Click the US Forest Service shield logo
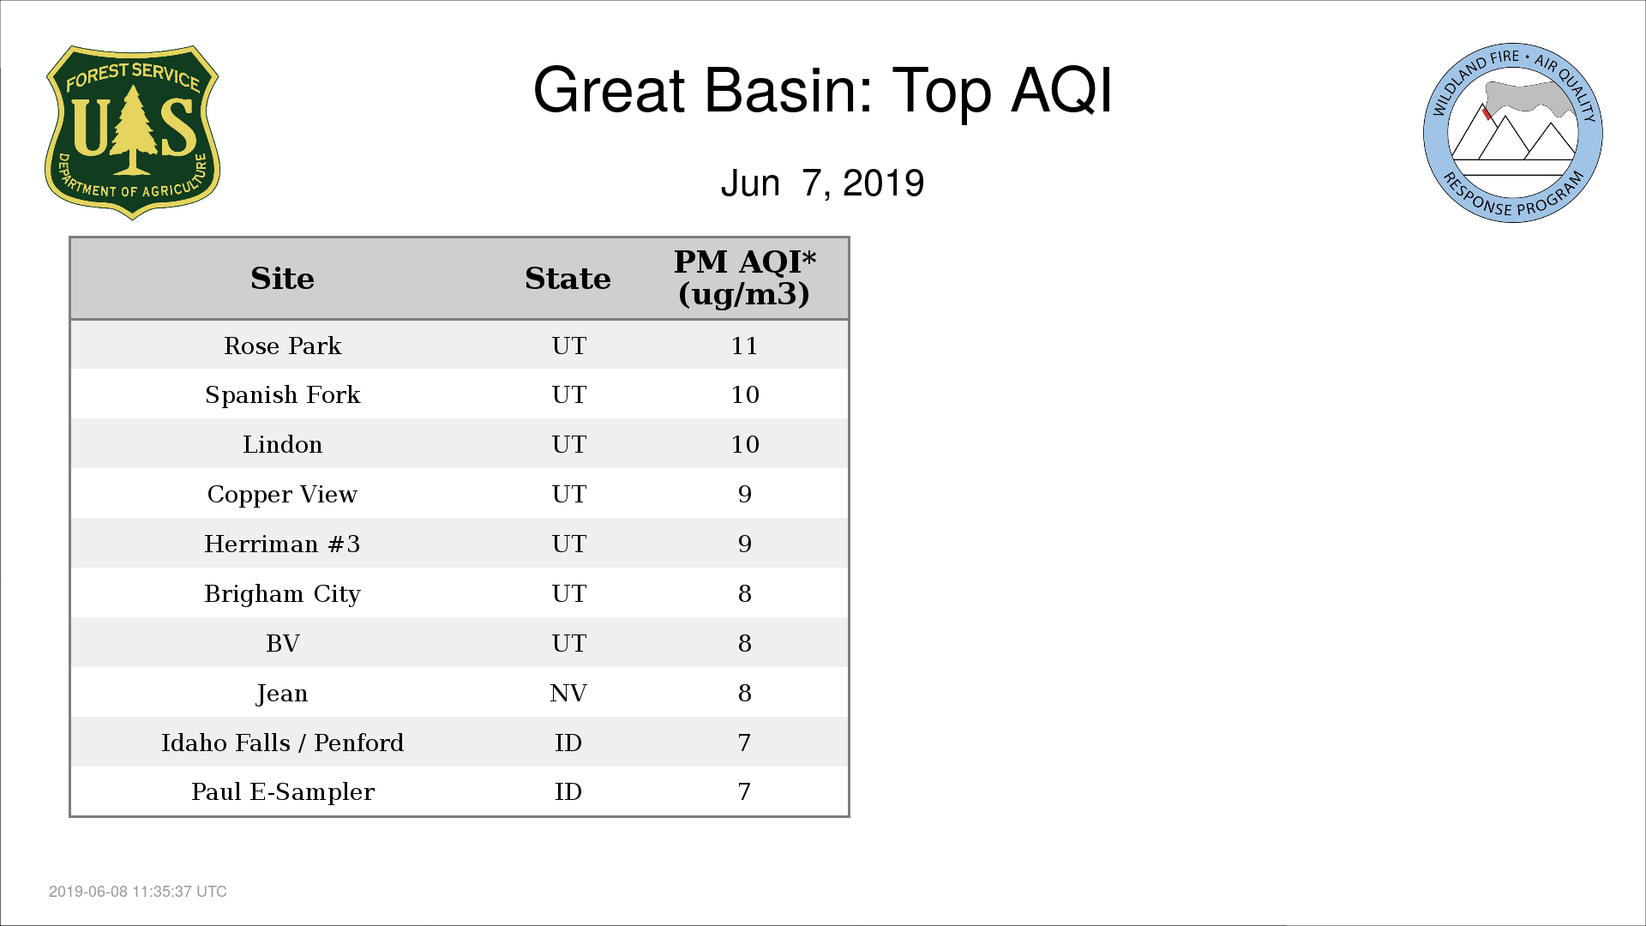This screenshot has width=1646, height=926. [132, 133]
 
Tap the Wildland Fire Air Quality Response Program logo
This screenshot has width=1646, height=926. [1513, 133]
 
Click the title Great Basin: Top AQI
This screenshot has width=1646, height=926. [822, 90]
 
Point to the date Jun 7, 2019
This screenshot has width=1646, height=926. [822, 183]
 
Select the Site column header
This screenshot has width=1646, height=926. [282, 279]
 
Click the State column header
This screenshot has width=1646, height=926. [568, 279]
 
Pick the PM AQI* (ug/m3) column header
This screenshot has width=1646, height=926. [744, 278]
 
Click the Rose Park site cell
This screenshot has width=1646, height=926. [283, 346]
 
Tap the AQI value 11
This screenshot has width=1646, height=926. [744, 346]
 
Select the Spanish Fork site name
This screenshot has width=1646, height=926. [283, 395]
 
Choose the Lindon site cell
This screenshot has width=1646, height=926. [283, 444]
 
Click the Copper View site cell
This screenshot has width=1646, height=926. [282, 495]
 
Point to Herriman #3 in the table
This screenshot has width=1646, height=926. [282, 544]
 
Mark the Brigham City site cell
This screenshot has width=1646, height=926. [282, 594]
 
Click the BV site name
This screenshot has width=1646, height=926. [283, 643]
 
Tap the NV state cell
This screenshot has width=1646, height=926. [568, 693]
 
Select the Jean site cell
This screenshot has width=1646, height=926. [282, 694]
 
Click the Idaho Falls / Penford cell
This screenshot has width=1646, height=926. [282, 743]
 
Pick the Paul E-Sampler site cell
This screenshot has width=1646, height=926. [283, 792]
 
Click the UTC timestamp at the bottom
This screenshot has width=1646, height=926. [138, 892]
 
